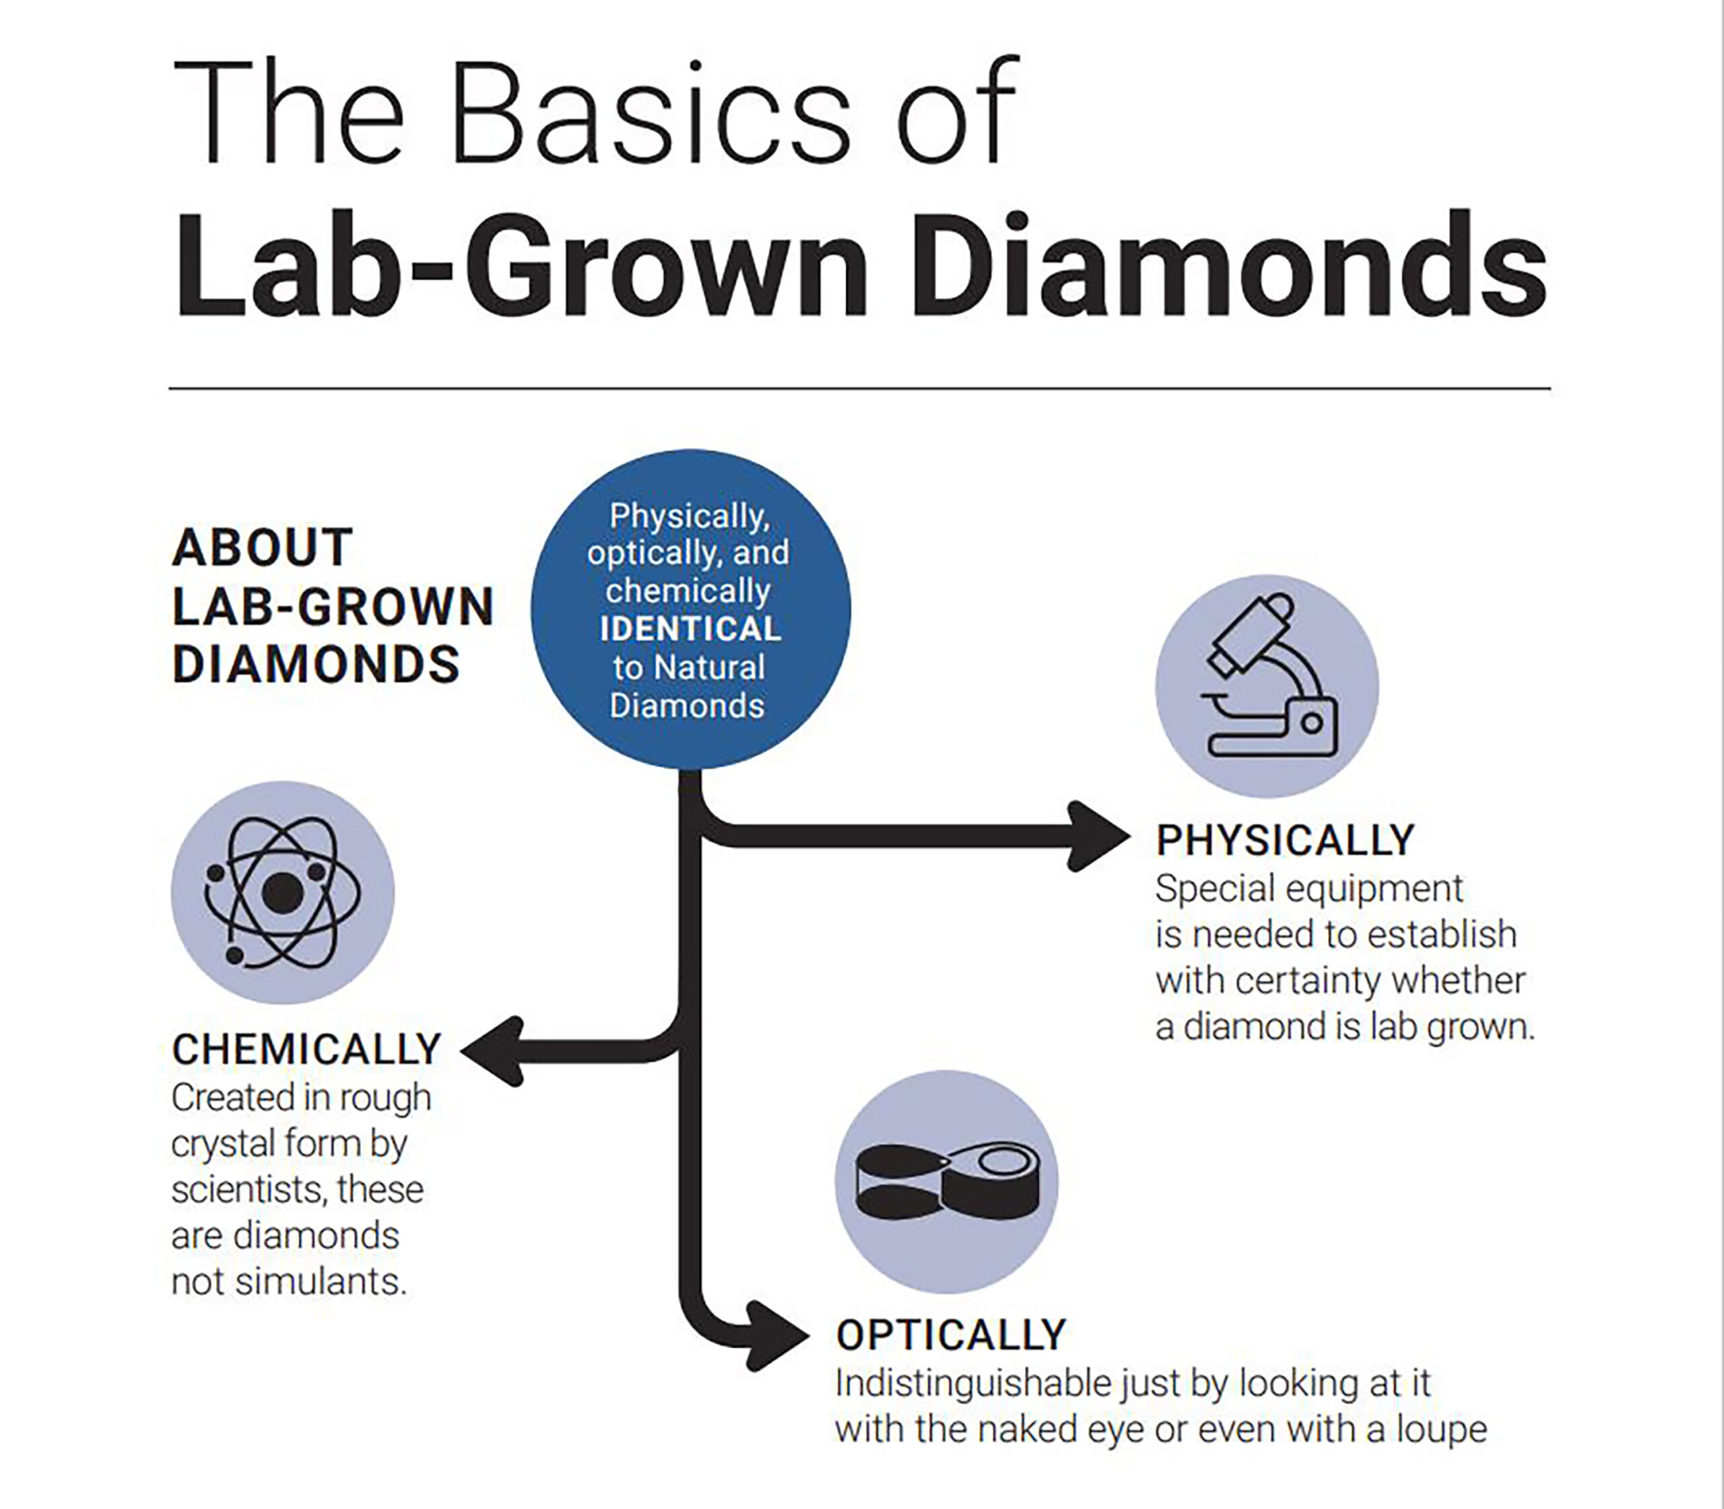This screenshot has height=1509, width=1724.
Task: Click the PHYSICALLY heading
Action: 1285,840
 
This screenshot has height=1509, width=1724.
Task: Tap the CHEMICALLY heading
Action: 306,1050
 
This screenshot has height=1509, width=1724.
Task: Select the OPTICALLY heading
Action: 952,1335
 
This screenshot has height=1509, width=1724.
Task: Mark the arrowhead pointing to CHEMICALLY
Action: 493,1052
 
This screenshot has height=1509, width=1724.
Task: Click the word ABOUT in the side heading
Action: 262,547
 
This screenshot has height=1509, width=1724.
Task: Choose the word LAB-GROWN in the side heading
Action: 333,606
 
